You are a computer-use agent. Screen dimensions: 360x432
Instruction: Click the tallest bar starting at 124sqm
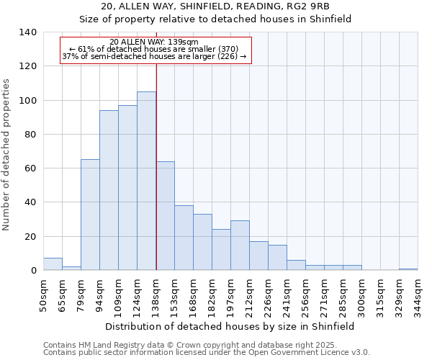[x=146, y=181]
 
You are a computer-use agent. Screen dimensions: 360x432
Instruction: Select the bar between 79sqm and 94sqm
[x=90, y=215]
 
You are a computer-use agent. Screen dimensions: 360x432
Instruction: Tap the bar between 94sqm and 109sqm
[x=109, y=190]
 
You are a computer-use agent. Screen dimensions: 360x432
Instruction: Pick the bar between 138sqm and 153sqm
[x=165, y=216]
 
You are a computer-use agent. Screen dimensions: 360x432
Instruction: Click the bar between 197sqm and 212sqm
[x=240, y=246]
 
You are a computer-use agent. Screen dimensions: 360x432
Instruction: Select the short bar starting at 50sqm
[x=53, y=264]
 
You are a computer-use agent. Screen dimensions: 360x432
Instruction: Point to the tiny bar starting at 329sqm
[x=408, y=269]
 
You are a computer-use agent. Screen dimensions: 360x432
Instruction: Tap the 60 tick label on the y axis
[x=30, y=168]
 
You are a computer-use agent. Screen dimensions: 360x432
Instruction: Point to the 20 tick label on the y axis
[x=30, y=237]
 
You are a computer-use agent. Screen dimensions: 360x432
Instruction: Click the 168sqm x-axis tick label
[x=194, y=294]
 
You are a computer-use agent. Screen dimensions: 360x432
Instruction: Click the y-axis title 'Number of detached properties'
[x=6, y=154]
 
